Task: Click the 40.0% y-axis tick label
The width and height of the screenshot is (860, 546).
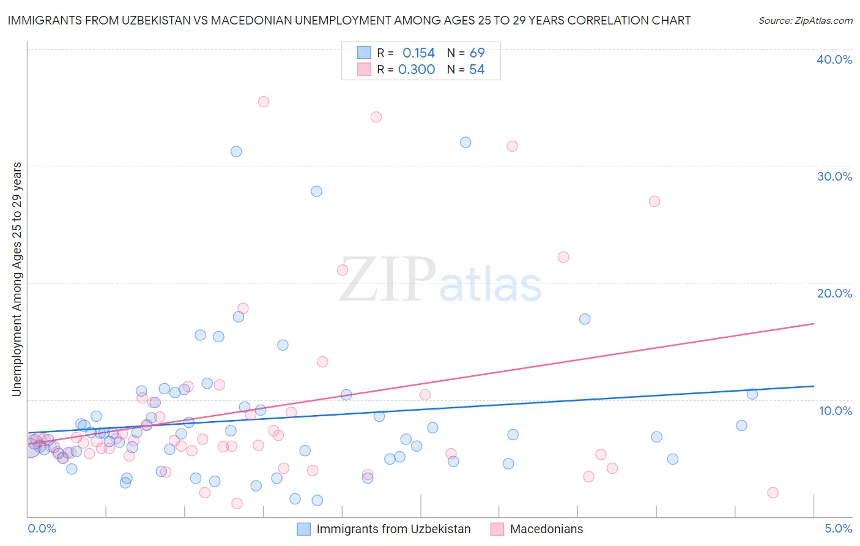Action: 834,59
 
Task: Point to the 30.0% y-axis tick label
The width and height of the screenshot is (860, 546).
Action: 834,176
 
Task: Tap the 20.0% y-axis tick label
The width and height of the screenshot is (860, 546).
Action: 834,293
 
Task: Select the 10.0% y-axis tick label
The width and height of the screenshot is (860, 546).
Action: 835,410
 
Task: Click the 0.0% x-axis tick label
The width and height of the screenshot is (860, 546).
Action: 42,528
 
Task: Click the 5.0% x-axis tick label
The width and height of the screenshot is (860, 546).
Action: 838,528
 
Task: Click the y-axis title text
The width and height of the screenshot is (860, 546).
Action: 17,279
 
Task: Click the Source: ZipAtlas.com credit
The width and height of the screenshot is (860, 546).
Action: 805,20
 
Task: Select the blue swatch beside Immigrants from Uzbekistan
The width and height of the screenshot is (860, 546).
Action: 304,529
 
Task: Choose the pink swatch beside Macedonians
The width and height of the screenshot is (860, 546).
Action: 497,529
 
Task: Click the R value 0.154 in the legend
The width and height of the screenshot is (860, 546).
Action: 418,53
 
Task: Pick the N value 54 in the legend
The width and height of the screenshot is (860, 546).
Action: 476,70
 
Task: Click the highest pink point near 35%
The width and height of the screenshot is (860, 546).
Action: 264,102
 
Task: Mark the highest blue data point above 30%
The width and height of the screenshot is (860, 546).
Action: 465,142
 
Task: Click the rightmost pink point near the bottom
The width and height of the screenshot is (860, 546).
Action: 773,493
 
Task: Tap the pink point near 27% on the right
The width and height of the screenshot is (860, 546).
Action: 654,201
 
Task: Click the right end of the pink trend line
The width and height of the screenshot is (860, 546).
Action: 814,323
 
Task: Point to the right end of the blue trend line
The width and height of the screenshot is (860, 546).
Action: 814,386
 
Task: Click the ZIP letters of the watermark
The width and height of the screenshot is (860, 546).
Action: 388,280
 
